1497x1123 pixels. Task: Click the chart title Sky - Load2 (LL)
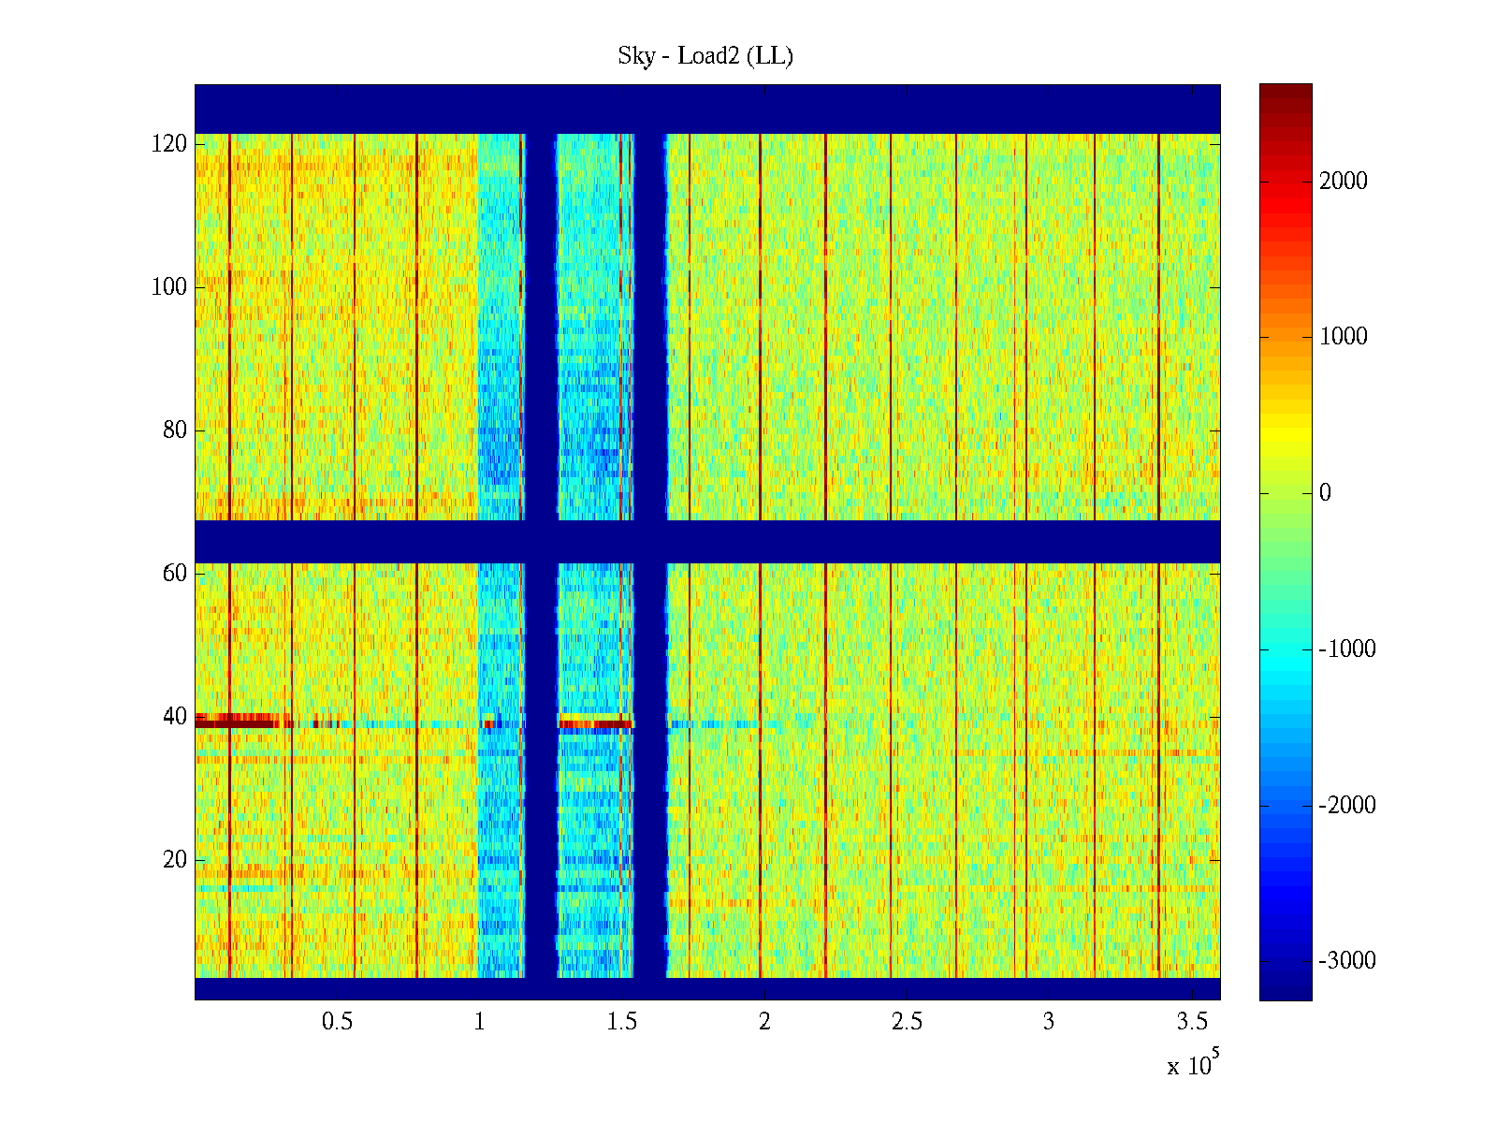click(705, 56)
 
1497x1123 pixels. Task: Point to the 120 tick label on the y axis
click(169, 144)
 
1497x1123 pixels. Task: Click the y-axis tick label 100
click(169, 287)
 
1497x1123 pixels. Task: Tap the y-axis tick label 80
click(175, 430)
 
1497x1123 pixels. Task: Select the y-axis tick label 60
click(175, 574)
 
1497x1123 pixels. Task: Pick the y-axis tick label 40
click(175, 717)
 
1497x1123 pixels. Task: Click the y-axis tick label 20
click(175, 860)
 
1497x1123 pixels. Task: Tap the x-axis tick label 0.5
click(337, 1022)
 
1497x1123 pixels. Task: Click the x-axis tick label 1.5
click(621, 1022)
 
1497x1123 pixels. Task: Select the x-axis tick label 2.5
click(907, 1022)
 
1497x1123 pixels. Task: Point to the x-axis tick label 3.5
click(1191, 1022)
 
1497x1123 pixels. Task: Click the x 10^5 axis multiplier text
click(1192, 1065)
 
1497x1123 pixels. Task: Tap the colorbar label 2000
click(1343, 182)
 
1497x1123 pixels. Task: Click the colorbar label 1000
click(1343, 337)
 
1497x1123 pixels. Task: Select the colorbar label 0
click(1325, 493)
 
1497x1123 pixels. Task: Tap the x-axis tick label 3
click(1049, 1022)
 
